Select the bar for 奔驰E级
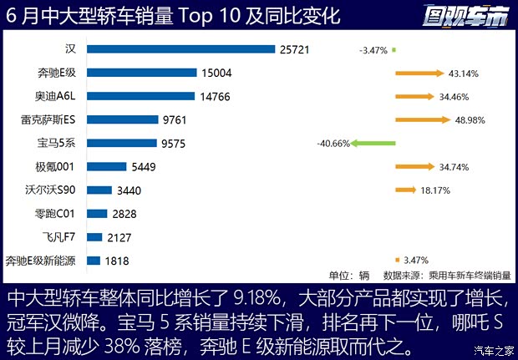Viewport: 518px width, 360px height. (x=141, y=74)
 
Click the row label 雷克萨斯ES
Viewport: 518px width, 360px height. (x=52, y=120)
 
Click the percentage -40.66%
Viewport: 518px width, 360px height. (x=333, y=144)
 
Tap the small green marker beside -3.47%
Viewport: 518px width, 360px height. (x=394, y=50)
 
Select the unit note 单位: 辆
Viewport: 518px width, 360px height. (x=348, y=275)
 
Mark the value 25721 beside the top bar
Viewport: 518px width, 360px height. (x=294, y=50)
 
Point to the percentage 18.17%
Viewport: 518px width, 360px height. (x=435, y=190)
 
